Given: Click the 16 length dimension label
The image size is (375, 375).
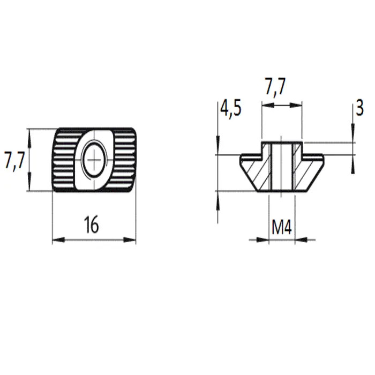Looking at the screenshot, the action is point(92,224).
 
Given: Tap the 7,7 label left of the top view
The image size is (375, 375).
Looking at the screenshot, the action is point(14,161).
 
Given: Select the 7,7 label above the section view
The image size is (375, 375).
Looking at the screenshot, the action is point(275,86).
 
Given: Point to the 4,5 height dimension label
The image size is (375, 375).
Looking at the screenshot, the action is point(231,108).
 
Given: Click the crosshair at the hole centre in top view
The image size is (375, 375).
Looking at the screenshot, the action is point(94,160).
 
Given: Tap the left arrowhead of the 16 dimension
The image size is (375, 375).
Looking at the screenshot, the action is point(58,239).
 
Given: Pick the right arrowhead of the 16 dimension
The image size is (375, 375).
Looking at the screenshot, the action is point(130,239).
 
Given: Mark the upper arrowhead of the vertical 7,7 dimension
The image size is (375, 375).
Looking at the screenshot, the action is point(29,135).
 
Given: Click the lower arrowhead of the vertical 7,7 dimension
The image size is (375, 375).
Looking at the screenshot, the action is point(29,185).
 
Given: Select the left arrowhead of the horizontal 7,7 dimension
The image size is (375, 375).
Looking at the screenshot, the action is point(268,105).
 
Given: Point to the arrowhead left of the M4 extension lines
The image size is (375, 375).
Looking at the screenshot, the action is point(263,239).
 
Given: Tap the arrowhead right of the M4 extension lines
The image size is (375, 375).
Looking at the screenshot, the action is point(301,239).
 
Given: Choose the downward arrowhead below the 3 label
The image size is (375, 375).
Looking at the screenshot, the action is point(352,130).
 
